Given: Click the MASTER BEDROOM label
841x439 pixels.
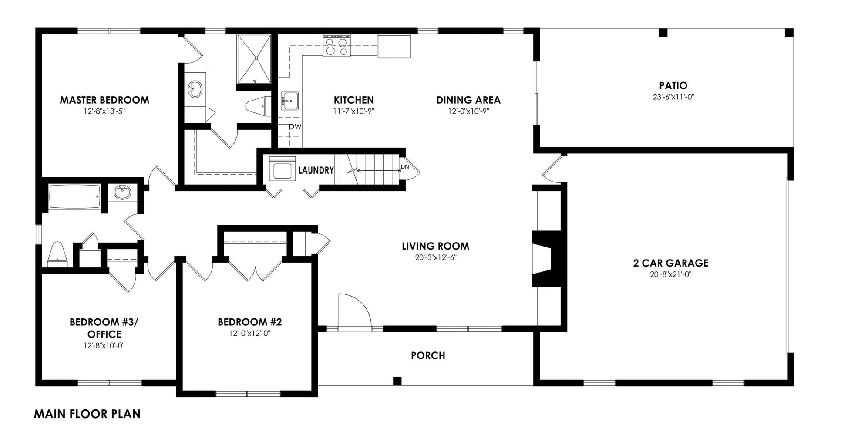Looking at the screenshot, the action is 104,100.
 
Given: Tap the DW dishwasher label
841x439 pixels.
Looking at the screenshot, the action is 295,127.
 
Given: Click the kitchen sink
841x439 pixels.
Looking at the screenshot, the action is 289,101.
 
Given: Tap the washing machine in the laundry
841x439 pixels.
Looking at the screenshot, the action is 282,168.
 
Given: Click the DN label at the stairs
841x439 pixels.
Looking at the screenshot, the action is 405,167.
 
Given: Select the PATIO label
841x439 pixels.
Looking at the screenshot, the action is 673,85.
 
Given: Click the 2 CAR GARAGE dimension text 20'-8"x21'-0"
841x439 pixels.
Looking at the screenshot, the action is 670,274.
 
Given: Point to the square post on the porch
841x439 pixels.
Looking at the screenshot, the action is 397,381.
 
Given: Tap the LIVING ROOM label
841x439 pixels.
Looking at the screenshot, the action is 436,246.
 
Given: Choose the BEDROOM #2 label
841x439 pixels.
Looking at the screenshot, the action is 250,322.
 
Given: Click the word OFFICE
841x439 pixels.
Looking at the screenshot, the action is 104,334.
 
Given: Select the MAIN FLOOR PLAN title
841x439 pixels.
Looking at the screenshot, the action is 87,414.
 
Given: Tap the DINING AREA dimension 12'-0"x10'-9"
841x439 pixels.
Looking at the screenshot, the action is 468,111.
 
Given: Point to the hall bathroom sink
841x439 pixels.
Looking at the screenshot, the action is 123,192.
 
